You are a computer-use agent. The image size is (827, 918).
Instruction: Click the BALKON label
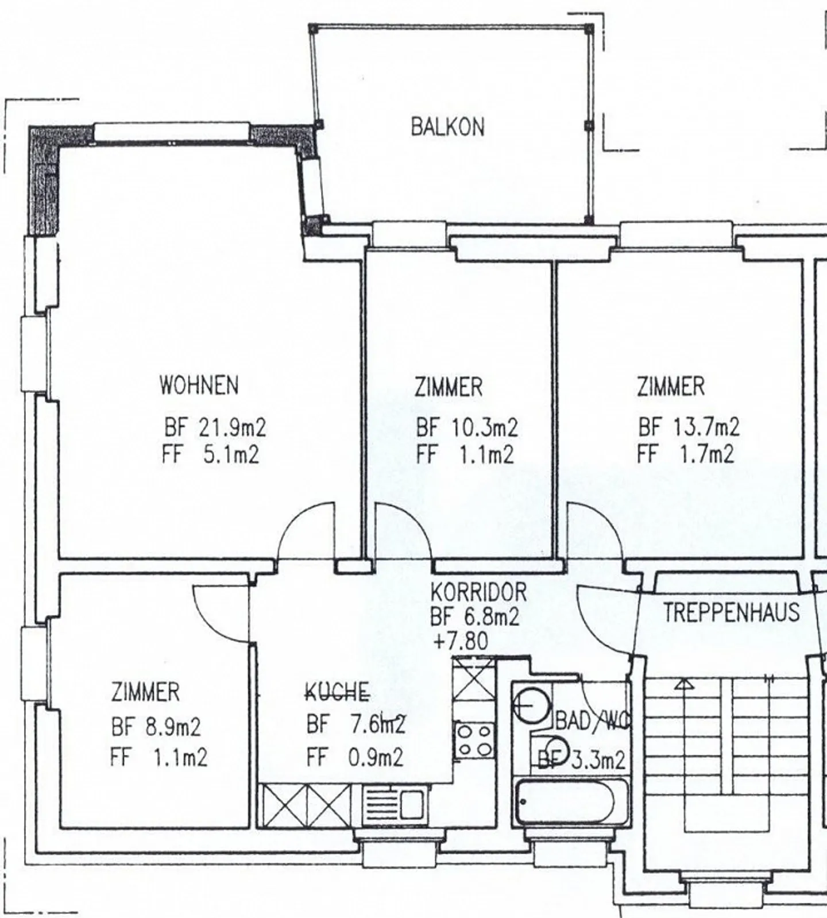(447, 126)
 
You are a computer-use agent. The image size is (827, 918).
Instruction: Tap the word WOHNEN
(199, 385)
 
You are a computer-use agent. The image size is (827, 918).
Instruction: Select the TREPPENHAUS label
(731, 612)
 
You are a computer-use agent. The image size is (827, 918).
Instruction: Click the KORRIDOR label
(478, 591)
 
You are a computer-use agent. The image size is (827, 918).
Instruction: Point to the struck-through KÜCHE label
(337, 693)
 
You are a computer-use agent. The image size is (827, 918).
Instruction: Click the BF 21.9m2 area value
(215, 427)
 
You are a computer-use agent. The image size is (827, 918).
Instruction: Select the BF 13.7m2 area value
(689, 427)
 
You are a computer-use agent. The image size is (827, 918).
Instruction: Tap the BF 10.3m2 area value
(466, 427)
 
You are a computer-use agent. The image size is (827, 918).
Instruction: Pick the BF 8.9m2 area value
(156, 727)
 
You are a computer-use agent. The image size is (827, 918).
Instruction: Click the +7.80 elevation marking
(461, 641)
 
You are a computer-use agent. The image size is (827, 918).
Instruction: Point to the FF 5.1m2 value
(210, 455)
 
